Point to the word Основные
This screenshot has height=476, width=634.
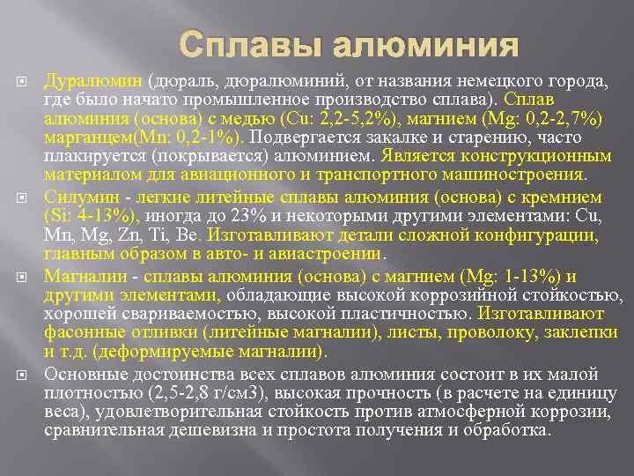pos(82,374)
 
